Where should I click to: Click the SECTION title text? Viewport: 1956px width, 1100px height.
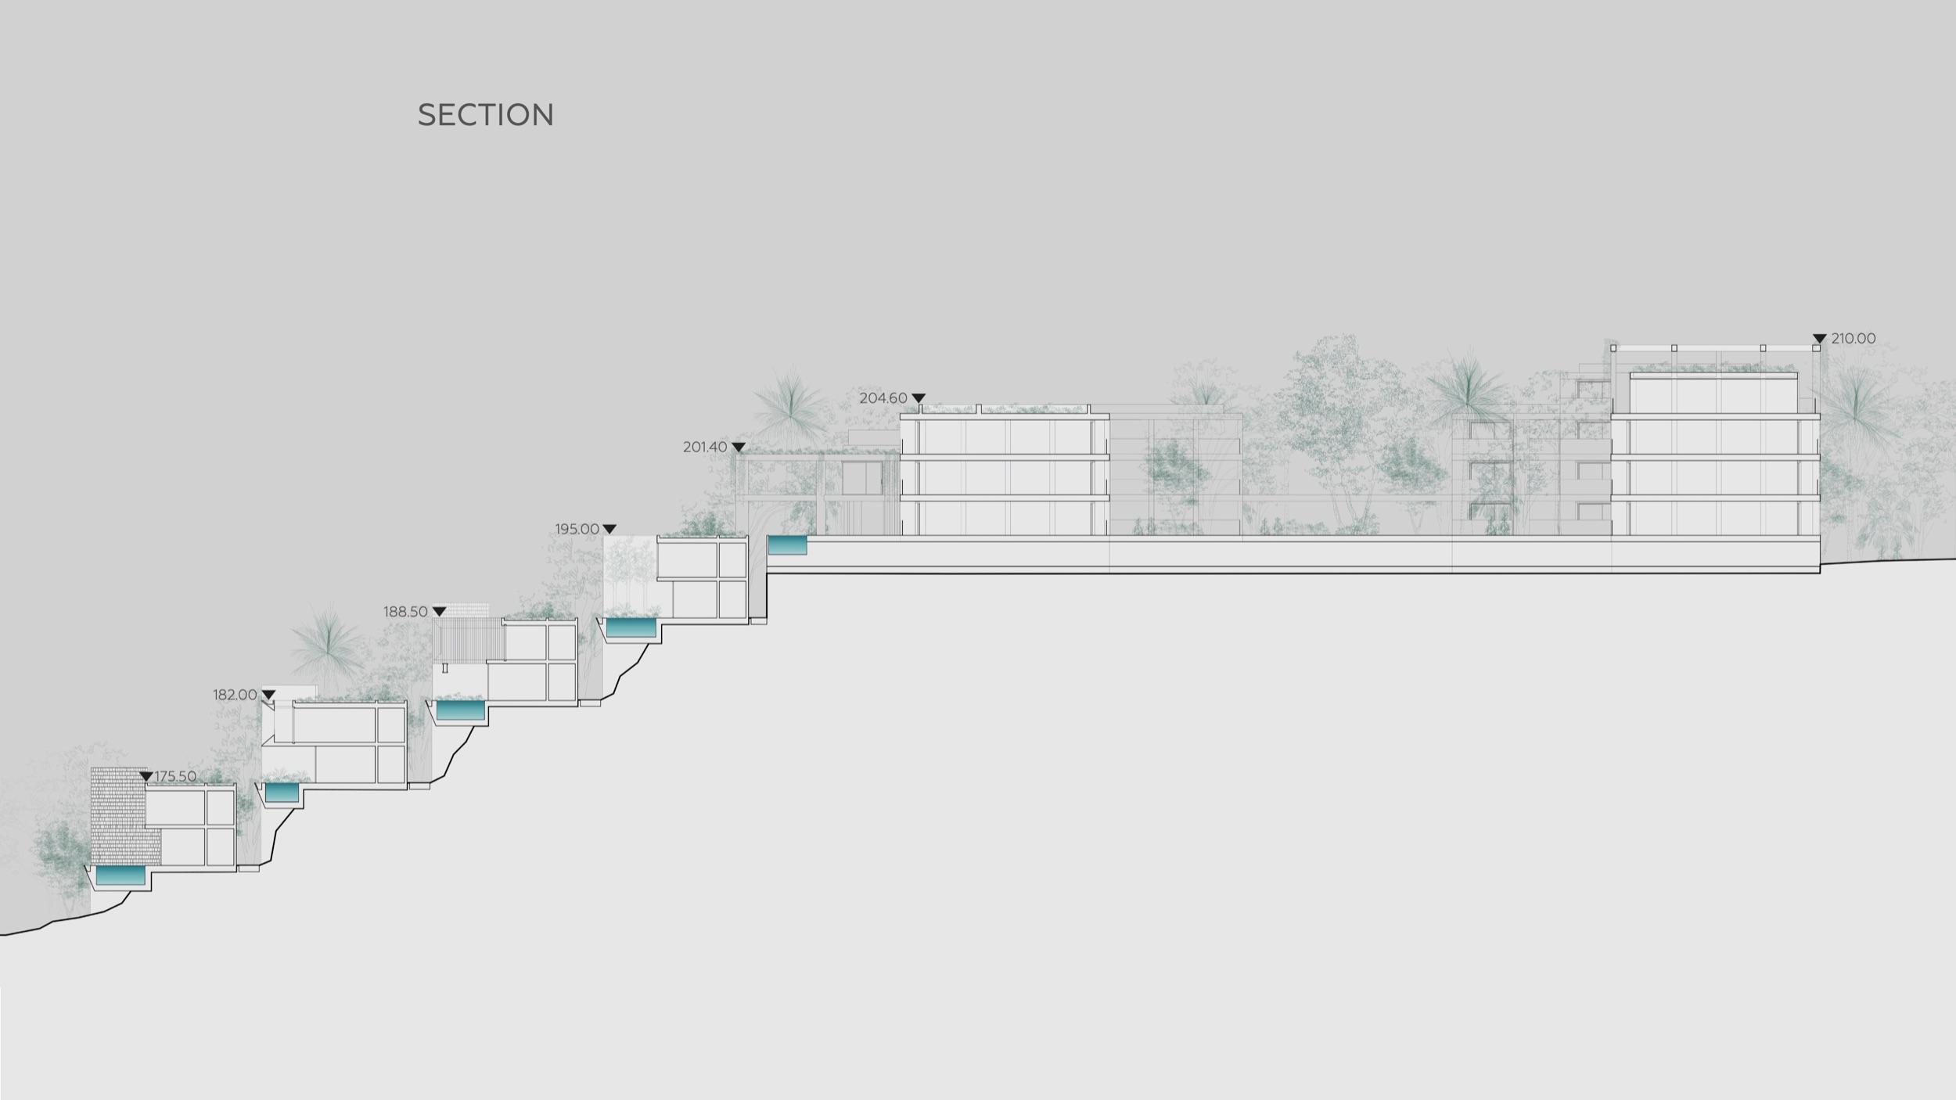485,115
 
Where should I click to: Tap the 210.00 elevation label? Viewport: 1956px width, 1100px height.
1854,339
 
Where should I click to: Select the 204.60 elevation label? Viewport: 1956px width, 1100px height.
883,398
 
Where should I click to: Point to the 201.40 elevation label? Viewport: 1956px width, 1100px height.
705,447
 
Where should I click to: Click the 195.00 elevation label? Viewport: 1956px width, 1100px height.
577,529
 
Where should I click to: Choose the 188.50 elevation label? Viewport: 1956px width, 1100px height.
405,612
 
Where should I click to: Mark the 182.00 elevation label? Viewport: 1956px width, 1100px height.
235,695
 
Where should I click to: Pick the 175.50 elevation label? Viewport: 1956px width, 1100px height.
176,776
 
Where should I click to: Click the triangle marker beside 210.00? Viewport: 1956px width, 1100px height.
1820,339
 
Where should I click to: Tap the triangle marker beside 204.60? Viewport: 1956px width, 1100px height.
919,398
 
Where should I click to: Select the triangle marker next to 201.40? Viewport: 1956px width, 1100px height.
739,448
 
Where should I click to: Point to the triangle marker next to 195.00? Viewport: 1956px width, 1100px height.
609,530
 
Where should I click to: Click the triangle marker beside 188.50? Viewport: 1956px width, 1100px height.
439,612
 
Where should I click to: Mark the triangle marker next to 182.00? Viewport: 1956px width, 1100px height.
268,695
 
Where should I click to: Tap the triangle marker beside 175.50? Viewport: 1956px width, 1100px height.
146,776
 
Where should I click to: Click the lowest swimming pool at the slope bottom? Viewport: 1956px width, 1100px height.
120,876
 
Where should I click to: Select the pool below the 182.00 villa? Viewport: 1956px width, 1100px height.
282,793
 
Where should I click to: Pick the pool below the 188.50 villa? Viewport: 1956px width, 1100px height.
460,710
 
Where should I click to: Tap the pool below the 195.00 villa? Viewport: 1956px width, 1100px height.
631,627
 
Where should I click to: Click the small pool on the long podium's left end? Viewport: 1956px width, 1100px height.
787,545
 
